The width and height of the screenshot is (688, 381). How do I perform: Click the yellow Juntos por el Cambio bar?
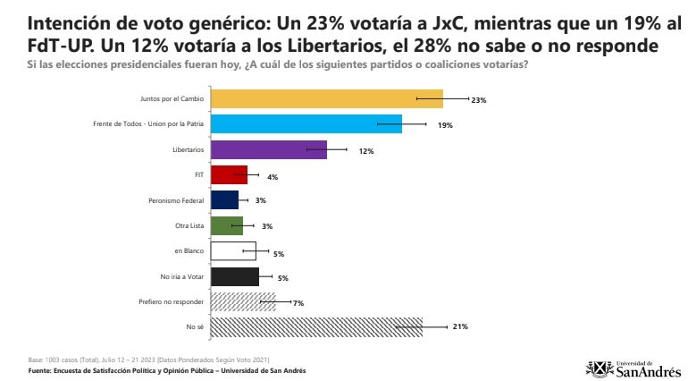tap(326, 99)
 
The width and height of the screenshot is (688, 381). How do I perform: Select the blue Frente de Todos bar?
tap(306, 124)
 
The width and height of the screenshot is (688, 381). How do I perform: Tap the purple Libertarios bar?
tap(268, 150)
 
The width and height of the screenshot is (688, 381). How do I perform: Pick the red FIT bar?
tap(228, 175)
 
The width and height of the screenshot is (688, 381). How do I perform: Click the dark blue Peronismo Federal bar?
tap(223, 200)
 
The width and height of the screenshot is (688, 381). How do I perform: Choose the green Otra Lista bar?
tap(226, 225)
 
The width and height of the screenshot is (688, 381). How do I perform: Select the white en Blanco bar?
tap(232, 251)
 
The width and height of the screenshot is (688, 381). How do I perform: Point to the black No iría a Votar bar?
tap(234, 276)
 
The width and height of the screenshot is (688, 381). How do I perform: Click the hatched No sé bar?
tap(315, 326)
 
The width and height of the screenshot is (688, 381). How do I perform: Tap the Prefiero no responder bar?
tap(242, 302)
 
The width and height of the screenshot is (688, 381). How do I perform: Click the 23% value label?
tap(478, 100)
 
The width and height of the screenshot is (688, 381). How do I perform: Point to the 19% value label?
tap(445, 125)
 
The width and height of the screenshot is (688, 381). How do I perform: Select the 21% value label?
tap(460, 326)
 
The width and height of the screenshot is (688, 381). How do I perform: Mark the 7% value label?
tap(298, 303)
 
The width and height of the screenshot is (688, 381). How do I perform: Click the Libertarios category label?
tap(189, 150)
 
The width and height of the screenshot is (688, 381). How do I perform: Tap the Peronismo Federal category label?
tap(176, 200)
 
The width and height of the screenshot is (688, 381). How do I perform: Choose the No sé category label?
tap(196, 326)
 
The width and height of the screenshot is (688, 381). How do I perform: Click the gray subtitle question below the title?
tap(277, 63)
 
